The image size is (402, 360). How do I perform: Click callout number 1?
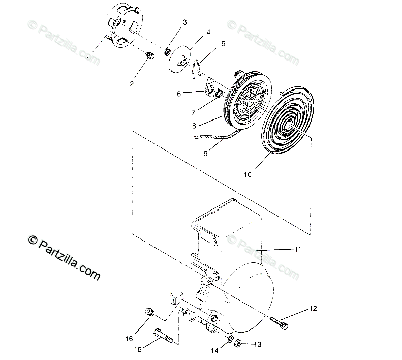[88, 59]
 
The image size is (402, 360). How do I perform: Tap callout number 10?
[247, 175]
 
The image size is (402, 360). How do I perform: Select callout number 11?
[298, 249]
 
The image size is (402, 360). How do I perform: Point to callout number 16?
[130, 339]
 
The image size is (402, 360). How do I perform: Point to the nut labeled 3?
[167, 51]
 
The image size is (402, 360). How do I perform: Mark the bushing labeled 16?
[149, 312]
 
